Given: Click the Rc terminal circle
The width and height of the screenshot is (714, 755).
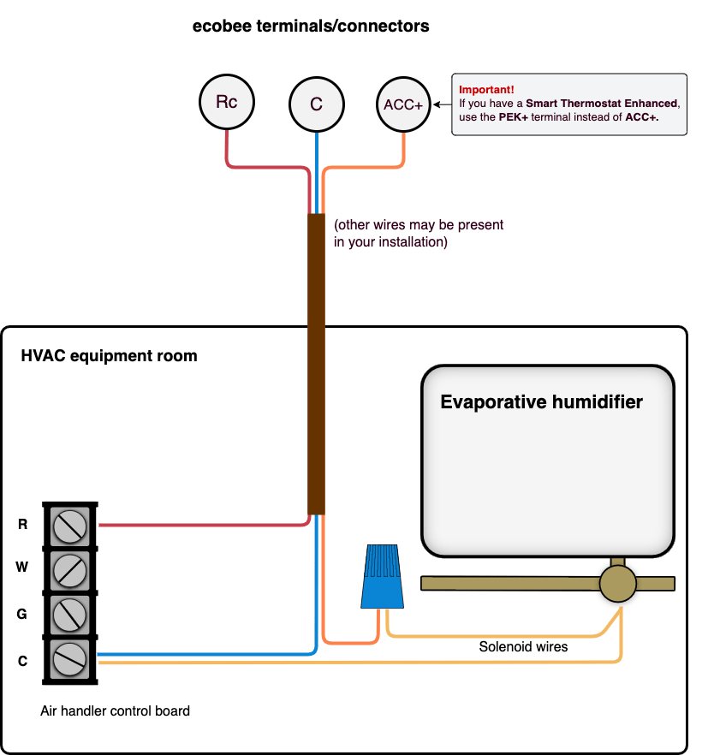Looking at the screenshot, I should [x=227, y=103].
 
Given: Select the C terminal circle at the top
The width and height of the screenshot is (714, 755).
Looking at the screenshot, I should [x=317, y=104].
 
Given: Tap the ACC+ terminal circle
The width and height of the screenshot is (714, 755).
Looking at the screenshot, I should [x=404, y=104].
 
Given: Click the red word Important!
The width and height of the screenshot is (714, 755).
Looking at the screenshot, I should [x=486, y=90].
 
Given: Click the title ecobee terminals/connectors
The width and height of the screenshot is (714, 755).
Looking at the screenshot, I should [x=311, y=27].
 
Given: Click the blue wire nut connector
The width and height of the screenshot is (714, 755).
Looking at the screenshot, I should [x=382, y=577].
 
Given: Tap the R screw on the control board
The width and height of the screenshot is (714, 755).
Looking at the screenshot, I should [x=68, y=525].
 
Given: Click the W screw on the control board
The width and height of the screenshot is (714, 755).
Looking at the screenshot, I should [x=68, y=568].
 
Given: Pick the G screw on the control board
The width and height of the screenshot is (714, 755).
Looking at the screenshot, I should [x=68, y=613].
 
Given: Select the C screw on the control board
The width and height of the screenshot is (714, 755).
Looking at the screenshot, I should [x=68, y=659].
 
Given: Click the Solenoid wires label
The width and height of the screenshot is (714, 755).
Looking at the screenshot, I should [x=523, y=647].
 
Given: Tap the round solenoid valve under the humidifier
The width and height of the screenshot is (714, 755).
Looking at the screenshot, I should [x=617, y=584].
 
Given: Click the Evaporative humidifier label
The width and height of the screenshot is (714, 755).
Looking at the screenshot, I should [x=541, y=401].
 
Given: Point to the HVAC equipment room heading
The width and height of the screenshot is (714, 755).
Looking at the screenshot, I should [x=109, y=356].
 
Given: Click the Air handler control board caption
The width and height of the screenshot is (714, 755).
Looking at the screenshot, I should [x=115, y=710].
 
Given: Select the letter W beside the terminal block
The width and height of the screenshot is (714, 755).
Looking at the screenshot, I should [x=23, y=568].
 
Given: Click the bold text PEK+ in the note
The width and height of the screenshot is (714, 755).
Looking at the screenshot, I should [x=514, y=117].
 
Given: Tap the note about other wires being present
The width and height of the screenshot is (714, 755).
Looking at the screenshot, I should [x=419, y=234].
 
